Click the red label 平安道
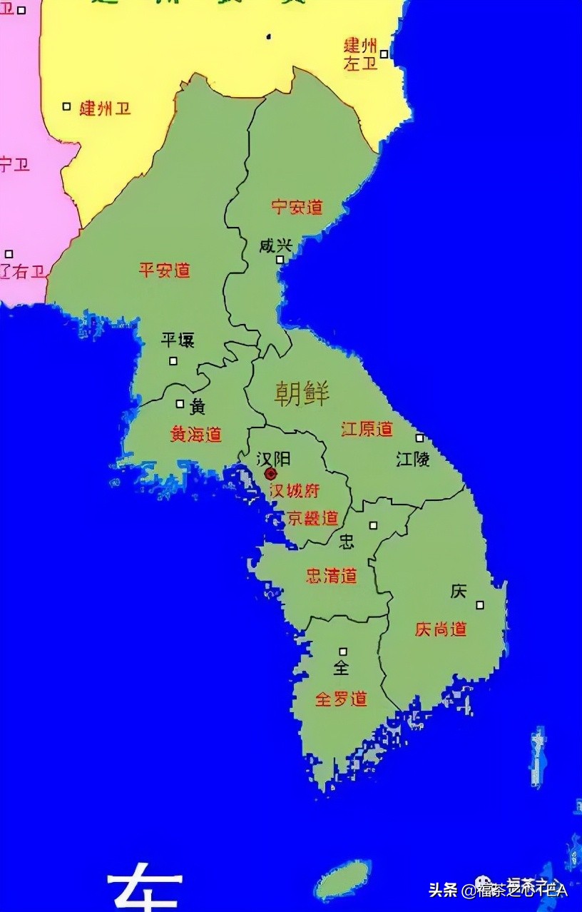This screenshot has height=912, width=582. tap(164, 270)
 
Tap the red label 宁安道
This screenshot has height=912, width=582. tap(297, 208)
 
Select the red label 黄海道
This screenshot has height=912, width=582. tap(195, 434)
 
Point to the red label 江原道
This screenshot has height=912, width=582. tap(367, 429)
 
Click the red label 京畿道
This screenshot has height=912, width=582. tap(312, 518)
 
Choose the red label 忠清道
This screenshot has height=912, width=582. tap(331, 576)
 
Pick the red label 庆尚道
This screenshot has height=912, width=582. tap(441, 629)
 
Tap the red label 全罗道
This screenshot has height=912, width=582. tap(341, 699)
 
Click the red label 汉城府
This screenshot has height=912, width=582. tap(294, 491)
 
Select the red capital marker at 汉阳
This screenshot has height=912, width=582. tap(270, 474)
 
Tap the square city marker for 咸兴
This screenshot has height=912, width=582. tap(280, 260)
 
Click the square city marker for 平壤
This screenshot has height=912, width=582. tap(173, 361)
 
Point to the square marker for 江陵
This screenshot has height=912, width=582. tap(419, 437)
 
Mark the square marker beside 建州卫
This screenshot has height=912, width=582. tap(66, 106)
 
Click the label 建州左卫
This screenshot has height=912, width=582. tap(360, 55)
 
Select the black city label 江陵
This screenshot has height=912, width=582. tap(413, 459)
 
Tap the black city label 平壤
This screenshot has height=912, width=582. tap(178, 340)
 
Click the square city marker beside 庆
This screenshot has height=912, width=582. tap(480, 605)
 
